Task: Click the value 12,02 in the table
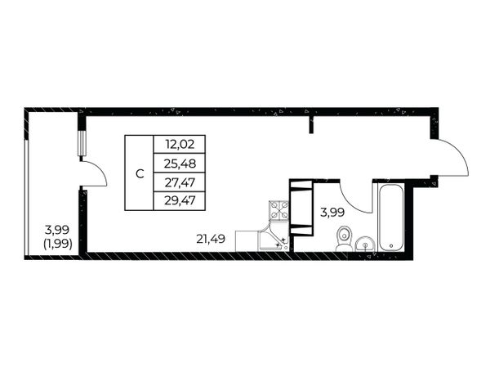coord(180,144)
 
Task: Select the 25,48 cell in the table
coord(180,163)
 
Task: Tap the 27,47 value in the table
coord(180,182)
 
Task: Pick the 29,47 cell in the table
coord(180,200)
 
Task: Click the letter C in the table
coord(140,173)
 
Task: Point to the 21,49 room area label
coord(211,239)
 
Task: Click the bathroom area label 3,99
coord(332,213)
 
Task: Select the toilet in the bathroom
coord(344,239)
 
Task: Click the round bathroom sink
coord(365,244)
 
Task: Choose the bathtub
coord(391,218)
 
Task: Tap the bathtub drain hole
coord(391,245)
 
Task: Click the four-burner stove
coord(278,211)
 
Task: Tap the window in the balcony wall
coord(81,143)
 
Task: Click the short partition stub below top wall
coord(311,124)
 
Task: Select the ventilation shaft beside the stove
coord(301,208)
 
